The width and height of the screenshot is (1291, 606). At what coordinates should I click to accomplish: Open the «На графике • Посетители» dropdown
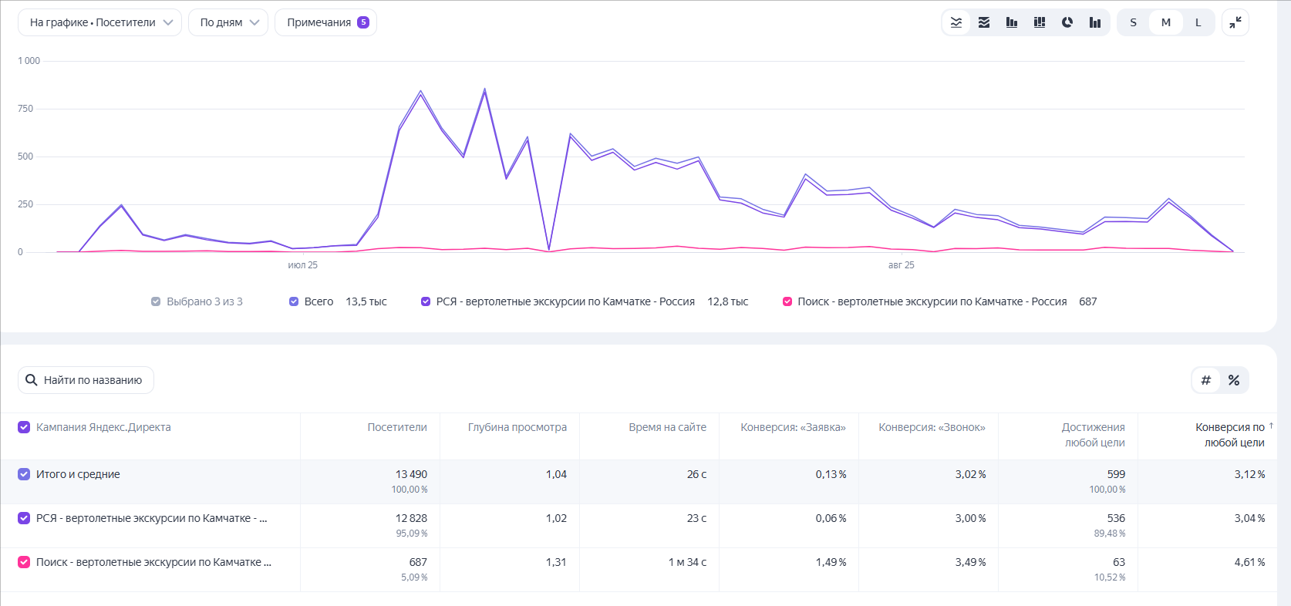(99, 22)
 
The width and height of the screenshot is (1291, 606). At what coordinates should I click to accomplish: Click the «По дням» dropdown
(228, 22)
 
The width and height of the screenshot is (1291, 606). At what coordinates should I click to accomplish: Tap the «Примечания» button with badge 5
(326, 22)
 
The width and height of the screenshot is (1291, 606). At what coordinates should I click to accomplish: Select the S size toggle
(1133, 22)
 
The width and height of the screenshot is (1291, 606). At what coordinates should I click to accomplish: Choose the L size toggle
(1198, 22)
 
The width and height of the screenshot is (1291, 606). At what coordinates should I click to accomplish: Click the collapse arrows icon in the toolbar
(1235, 22)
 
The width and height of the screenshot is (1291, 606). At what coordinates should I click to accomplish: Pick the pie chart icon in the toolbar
(1067, 22)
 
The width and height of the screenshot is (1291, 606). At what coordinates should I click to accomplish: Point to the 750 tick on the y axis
(25, 108)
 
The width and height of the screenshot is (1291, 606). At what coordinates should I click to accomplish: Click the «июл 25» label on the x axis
(302, 265)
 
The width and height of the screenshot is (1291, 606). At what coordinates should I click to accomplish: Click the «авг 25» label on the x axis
(902, 265)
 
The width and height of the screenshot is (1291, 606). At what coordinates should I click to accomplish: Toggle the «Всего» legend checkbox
(294, 301)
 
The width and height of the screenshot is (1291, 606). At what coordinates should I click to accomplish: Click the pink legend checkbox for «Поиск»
(787, 301)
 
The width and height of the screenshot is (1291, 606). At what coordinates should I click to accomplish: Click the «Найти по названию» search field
(86, 380)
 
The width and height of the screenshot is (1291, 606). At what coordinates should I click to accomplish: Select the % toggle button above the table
(1234, 380)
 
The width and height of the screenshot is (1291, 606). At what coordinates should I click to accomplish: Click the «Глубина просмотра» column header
(517, 427)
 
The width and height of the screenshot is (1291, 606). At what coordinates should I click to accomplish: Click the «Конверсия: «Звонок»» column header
(932, 427)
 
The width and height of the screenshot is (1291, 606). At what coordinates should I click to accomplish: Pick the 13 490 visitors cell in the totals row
(411, 474)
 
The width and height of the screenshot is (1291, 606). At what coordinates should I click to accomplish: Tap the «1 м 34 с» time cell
(687, 561)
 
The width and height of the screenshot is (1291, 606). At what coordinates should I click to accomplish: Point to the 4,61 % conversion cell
(1249, 561)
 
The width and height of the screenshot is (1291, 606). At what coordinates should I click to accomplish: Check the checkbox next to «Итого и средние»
(24, 474)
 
